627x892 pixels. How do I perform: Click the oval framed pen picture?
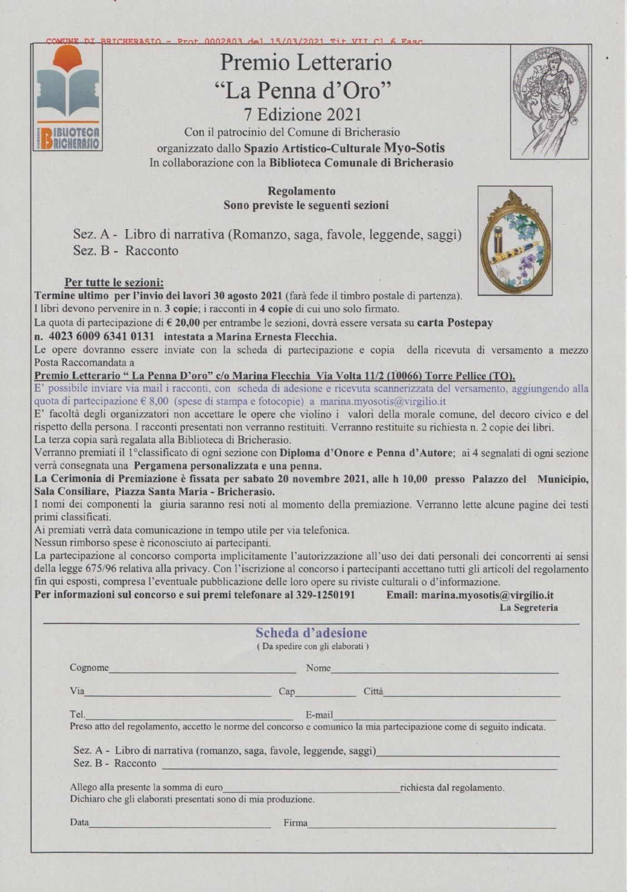pos(515,240)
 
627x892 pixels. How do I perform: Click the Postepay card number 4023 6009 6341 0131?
pos(101,337)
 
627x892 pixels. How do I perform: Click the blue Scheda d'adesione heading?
pos(311,633)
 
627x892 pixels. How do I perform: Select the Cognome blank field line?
pos(202,669)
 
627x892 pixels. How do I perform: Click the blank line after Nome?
pos(444,669)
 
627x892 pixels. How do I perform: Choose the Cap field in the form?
pos(325,693)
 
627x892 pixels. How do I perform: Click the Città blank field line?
pos(472,693)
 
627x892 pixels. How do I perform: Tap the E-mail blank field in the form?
pos(444,716)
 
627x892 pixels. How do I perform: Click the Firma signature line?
pos(432,824)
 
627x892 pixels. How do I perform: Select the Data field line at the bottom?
pos(179,824)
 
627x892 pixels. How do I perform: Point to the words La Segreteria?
pos(528,608)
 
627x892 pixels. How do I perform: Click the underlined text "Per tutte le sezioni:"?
pos(114,282)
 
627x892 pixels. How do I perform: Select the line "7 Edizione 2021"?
pos(303,114)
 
